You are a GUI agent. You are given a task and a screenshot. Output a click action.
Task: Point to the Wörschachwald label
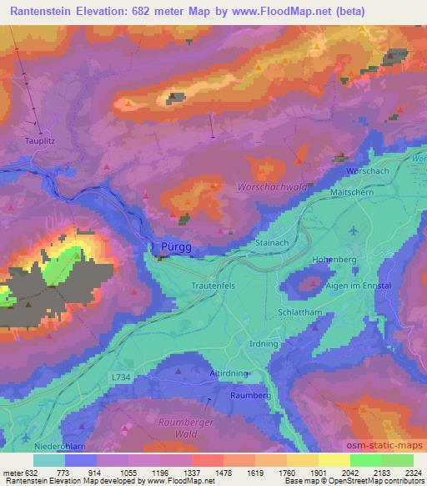[x=269, y=186]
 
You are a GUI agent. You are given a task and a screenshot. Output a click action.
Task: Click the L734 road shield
[x=120, y=377]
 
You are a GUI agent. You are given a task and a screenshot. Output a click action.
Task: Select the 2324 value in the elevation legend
[x=409, y=473]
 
